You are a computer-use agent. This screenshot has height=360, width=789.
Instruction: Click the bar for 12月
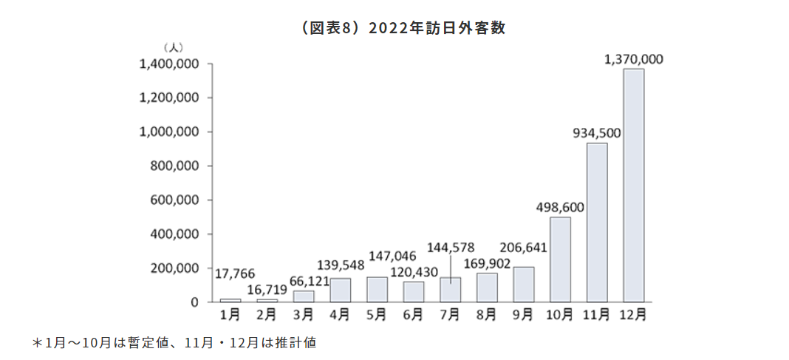633,185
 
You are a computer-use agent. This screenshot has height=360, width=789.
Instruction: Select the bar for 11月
597,222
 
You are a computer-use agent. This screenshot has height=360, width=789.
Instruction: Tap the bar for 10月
560,259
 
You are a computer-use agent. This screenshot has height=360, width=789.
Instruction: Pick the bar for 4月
340,290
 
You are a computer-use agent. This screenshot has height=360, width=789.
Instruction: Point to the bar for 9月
523,284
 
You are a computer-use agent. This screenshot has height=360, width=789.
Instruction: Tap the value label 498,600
560,208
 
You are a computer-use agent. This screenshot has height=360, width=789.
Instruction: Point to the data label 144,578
451,247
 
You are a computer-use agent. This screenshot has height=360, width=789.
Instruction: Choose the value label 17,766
235,274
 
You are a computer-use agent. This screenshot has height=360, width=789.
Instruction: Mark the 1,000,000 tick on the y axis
169,132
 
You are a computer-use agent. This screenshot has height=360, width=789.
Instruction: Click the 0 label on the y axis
195,302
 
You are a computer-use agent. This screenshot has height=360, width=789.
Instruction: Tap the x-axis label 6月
414,315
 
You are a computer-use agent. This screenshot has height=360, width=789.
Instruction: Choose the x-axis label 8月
487,315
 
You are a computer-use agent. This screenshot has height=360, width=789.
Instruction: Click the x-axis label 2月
267,315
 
